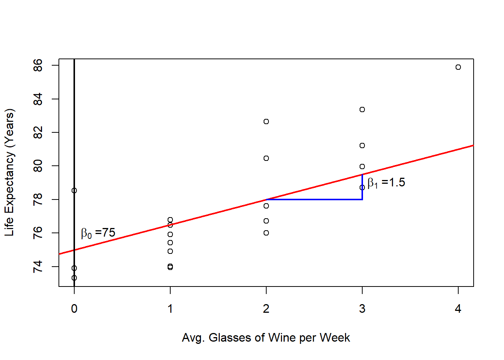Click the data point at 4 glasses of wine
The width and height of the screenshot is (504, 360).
point(458,67)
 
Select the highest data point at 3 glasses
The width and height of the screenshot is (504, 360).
point(362,109)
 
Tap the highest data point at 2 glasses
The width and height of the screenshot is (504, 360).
point(266,121)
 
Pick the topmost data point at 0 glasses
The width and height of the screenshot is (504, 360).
point(74,190)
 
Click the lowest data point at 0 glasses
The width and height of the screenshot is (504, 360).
point(74,278)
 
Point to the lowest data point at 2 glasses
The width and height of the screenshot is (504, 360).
point(266,233)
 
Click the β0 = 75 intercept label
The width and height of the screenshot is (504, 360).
point(98,233)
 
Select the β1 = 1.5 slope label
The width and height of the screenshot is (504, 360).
point(386,183)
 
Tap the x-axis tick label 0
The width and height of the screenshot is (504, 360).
point(74,309)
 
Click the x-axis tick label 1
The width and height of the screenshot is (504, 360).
point(170,309)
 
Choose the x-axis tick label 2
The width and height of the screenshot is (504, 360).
point(266,309)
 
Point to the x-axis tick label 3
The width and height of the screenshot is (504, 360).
point(362,309)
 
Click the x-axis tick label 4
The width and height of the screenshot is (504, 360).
point(458,309)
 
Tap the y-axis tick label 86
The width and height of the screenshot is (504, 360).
point(38,66)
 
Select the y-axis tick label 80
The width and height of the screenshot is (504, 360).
point(38,166)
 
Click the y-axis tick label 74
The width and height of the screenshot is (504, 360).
point(38,267)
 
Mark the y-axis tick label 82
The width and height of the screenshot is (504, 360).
point(38,132)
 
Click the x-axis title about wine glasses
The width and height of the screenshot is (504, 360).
point(266,337)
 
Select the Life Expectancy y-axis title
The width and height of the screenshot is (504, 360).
point(9,172)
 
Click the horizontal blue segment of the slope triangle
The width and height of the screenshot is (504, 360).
point(314,199)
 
